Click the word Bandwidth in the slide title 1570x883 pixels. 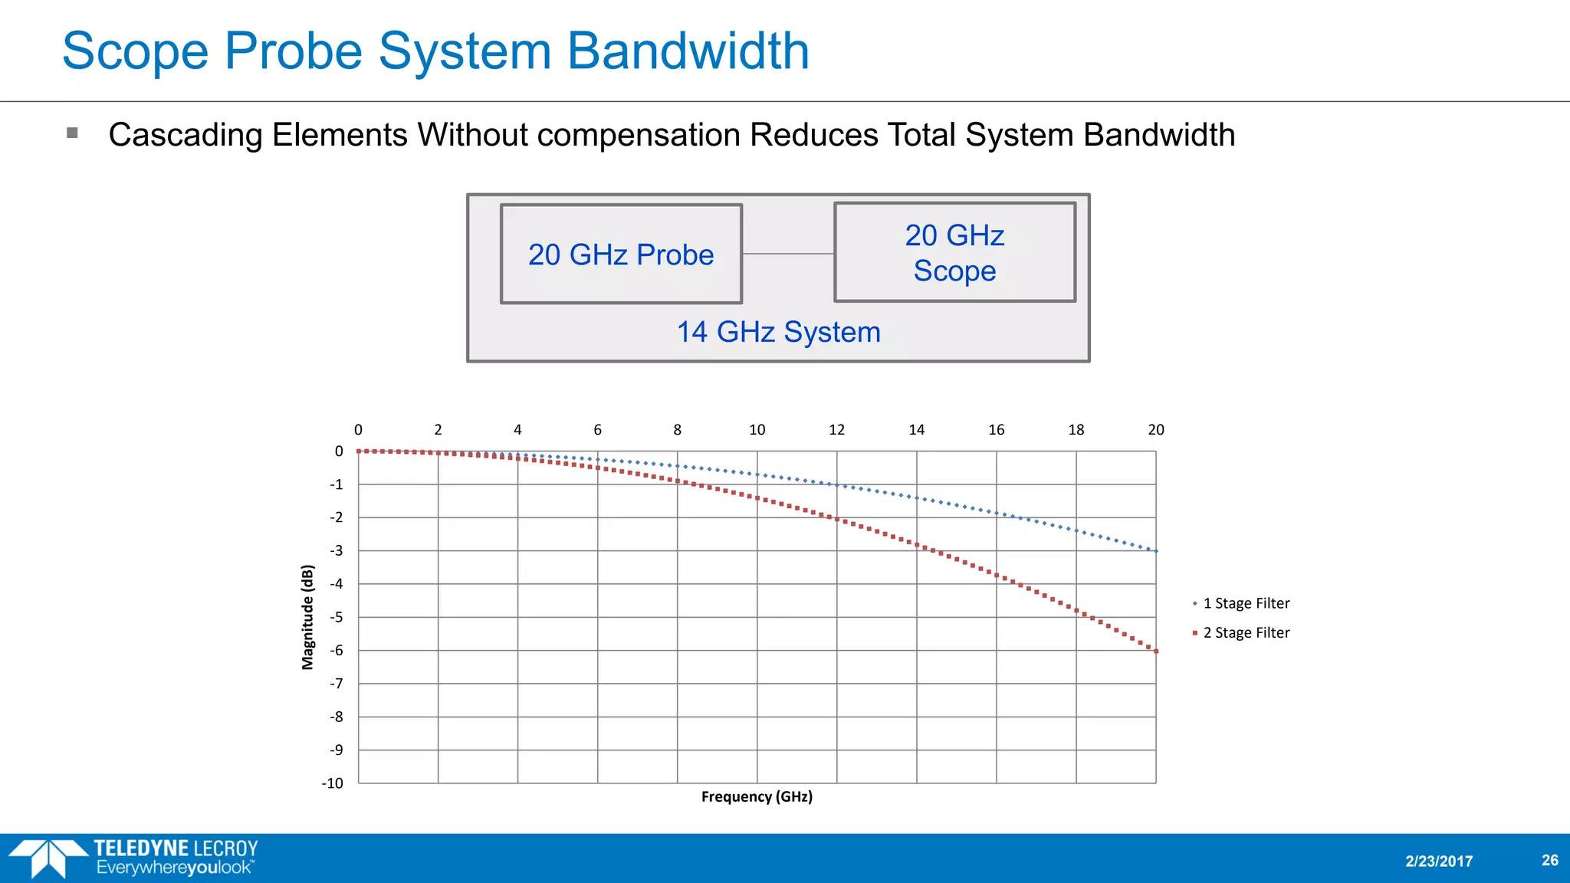pos(688,51)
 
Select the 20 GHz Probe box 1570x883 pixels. pos(621,254)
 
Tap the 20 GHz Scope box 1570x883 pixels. pos(954,253)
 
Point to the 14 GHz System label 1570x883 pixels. pos(778,332)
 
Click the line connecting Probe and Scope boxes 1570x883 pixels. pos(788,254)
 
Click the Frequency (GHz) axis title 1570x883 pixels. pos(757,796)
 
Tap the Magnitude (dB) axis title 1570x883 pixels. pos(307,617)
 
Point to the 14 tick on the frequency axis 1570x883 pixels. pos(916,430)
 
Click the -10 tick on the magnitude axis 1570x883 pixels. pos(333,783)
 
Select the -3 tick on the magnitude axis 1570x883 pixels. pos(337,550)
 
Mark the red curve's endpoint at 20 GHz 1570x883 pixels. pos(1156,651)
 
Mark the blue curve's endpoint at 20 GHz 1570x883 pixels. pos(1156,551)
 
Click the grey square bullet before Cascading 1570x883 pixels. pos(73,133)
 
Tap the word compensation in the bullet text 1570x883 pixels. pos(639,135)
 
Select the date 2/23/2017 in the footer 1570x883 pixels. pos(1439,861)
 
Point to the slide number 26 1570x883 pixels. pos(1549,860)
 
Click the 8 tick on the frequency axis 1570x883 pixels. pos(677,430)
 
